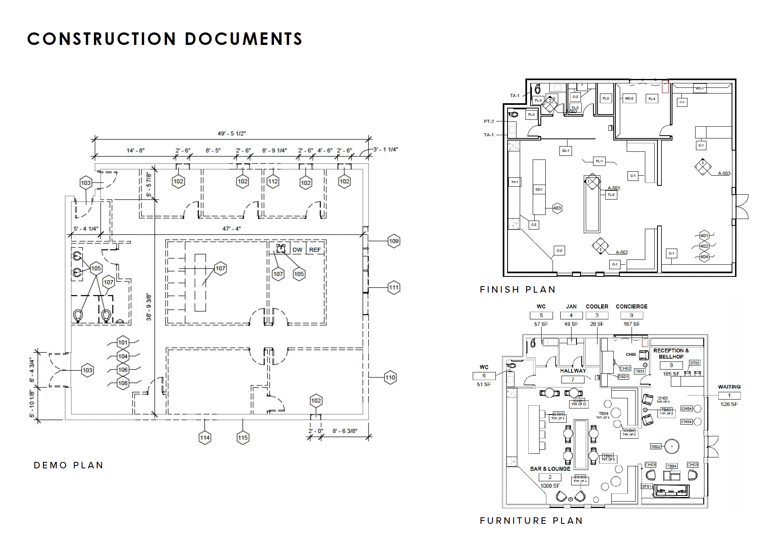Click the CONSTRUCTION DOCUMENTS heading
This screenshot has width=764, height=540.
tap(164, 39)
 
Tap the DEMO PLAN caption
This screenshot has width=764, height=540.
tap(68, 466)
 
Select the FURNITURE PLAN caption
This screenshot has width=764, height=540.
tap(531, 521)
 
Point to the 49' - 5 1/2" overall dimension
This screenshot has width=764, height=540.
tap(232, 134)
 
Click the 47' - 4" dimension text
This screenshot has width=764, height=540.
tap(232, 229)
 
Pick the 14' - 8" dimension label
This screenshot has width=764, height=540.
tap(135, 151)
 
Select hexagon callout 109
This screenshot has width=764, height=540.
tap(394, 241)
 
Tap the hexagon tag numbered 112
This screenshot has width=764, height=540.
tap(273, 181)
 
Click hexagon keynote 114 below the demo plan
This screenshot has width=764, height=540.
tap(205, 438)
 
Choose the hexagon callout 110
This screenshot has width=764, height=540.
tap(390, 378)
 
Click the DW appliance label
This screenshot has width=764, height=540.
tap(297, 250)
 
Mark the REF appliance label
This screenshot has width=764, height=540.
tap(315, 250)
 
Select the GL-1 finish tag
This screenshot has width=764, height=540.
tap(566, 151)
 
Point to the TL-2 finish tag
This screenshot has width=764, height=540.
tap(611, 195)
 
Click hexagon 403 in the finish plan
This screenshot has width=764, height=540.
tap(557, 208)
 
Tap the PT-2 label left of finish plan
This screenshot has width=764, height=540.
tap(489, 121)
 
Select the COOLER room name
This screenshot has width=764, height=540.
tap(597, 306)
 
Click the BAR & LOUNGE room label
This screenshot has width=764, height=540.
tap(550, 469)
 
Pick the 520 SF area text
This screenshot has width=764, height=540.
tap(729, 404)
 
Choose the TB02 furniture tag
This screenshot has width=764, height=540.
tap(655, 446)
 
